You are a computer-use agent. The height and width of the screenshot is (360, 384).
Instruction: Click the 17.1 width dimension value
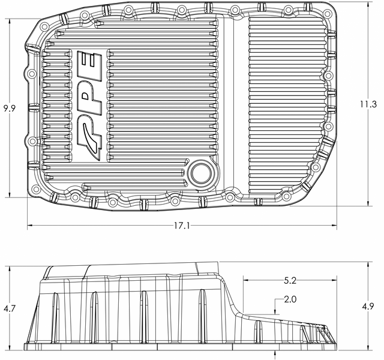click(x=182, y=226)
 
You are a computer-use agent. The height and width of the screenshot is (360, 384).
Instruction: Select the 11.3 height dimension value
click(x=368, y=104)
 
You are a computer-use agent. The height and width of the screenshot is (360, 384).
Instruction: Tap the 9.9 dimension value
click(x=10, y=108)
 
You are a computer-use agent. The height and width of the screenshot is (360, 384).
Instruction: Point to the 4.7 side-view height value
click(x=10, y=308)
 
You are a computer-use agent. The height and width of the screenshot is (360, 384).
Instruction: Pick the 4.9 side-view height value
click(x=368, y=306)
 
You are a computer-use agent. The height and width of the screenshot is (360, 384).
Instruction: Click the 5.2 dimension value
click(x=290, y=281)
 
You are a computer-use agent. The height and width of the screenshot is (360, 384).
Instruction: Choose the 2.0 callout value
click(x=290, y=299)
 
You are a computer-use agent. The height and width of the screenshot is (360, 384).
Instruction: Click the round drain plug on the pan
click(x=201, y=173)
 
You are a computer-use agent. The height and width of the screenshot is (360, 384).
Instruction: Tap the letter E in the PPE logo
click(x=89, y=65)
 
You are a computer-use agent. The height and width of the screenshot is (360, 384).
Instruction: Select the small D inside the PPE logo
click(x=86, y=96)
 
